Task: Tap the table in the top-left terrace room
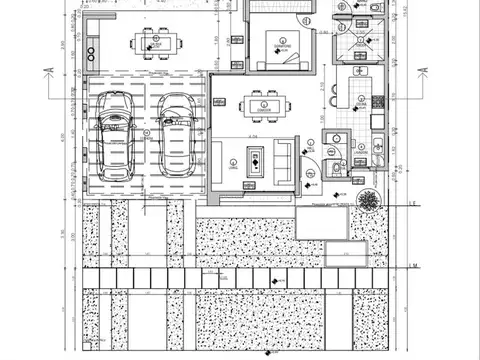[x=156, y=43]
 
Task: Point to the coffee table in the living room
[x=254, y=160]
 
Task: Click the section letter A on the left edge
[x=47, y=70]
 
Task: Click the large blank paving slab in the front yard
[x=322, y=224]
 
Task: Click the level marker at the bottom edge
[x=268, y=353]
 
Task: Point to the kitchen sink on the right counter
[x=377, y=121]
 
